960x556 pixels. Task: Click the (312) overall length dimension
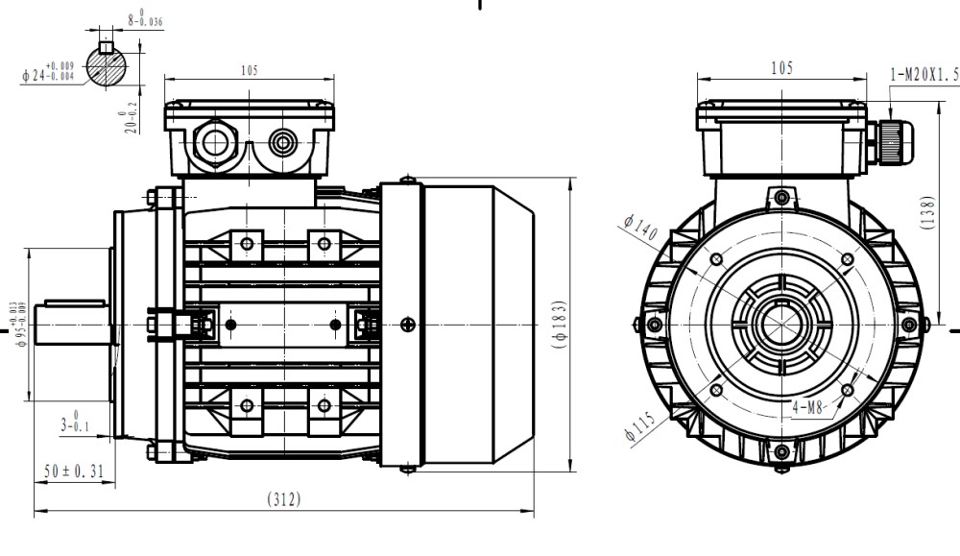(x=284, y=498)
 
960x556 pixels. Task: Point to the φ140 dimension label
(x=640, y=230)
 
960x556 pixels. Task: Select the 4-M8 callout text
(x=809, y=407)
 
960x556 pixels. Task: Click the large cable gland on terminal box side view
(x=214, y=144)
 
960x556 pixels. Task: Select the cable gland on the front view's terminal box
(x=886, y=142)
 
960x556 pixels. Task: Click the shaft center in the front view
(x=781, y=325)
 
